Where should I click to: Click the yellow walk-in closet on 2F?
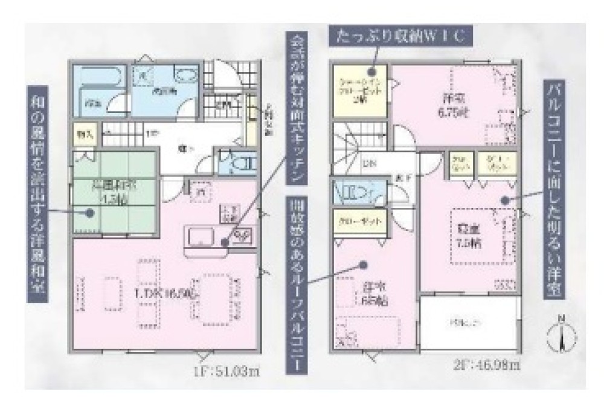click(359, 91)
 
